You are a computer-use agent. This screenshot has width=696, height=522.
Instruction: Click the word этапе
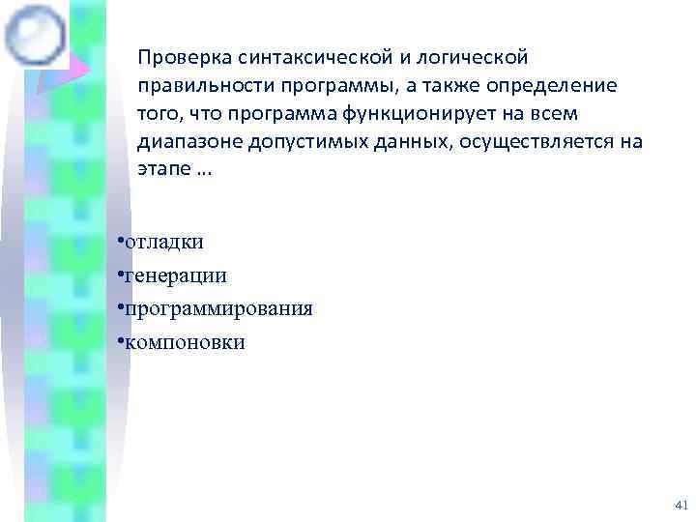coord(161,168)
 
